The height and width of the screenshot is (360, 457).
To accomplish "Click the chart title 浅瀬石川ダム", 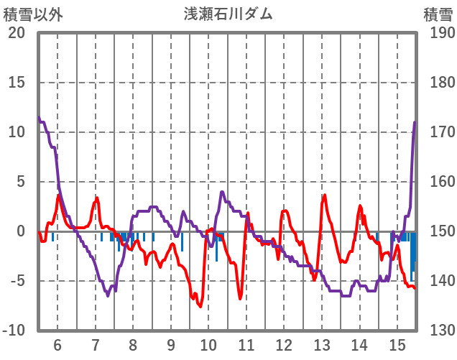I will click(x=228, y=13).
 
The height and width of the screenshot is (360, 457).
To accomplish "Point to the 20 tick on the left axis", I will click(x=17, y=33).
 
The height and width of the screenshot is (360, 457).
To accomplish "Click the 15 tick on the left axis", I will click(x=17, y=83).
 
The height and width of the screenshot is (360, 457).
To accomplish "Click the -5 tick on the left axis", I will click(x=16, y=281).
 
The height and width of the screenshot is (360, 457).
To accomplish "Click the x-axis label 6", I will click(x=57, y=344).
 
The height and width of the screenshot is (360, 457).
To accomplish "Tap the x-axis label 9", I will click(x=170, y=344).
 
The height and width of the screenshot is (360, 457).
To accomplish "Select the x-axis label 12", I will click(x=284, y=344).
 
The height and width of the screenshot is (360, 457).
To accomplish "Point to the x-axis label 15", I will click(x=397, y=344).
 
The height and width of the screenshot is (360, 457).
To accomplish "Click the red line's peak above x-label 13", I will click(x=324, y=195).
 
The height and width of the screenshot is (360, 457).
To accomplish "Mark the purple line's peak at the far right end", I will click(x=415, y=122).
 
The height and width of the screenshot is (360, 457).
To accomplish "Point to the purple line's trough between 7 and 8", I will click(x=108, y=295).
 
